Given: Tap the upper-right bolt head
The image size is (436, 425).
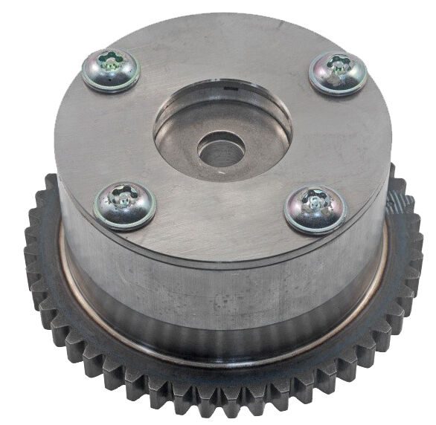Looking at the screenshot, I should click(x=338, y=72).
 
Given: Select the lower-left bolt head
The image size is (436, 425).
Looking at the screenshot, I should click(x=124, y=204).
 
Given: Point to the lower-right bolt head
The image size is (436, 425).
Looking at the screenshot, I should click(x=315, y=209).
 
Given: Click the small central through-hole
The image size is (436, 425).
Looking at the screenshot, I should click(x=221, y=149).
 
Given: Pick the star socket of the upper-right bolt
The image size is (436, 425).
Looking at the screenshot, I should click(x=339, y=67).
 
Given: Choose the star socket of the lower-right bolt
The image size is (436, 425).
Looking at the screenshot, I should click(x=316, y=201).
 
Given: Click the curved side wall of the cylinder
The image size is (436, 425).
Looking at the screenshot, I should click(x=223, y=297).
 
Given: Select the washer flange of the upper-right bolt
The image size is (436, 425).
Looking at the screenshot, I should click(x=358, y=82).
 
